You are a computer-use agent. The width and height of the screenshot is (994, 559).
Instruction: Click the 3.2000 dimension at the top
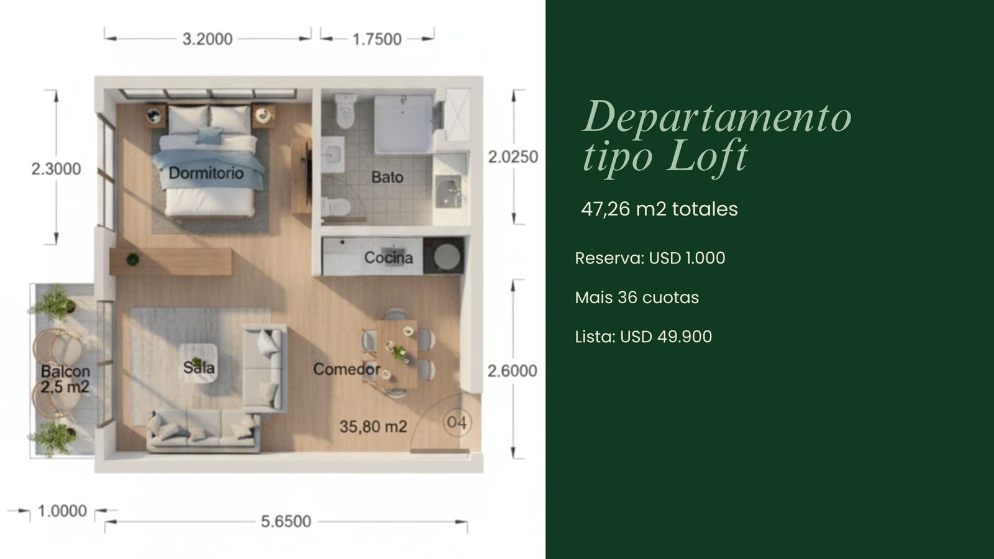click(x=207, y=39)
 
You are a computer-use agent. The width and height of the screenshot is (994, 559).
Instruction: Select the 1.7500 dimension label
click(x=376, y=39)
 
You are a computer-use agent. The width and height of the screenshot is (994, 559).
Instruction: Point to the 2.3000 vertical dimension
click(x=57, y=168)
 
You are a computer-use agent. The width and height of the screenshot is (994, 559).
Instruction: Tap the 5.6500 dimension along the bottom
click(x=286, y=521)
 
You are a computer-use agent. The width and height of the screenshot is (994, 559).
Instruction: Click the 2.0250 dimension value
click(x=513, y=157)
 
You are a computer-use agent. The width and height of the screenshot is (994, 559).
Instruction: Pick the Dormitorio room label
click(x=206, y=173)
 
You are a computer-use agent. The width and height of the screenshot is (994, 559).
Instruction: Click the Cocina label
click(x=388, y=258)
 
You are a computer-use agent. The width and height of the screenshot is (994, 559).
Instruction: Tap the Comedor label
click(x=347, y=369)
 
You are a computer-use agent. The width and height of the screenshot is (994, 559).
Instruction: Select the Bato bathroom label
click(x=388, y=178)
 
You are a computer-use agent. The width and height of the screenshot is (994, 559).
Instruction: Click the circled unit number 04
click(x=457, y=422)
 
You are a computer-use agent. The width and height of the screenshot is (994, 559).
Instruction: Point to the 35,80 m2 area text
click(x=373, y=427)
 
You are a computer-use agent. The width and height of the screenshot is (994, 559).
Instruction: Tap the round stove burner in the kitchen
click(x=447, y=257)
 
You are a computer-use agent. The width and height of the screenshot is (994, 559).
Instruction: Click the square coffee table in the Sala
click(x=198, y=363)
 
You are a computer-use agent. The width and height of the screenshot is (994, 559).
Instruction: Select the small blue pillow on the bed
click(x=209, y=136)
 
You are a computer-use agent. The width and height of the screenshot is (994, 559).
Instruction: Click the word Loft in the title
click(x=708, y=155)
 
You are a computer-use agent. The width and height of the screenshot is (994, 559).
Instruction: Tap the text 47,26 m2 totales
click(x=659, y=209)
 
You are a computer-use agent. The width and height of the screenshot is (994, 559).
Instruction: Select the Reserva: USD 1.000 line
click(x=650, y=258)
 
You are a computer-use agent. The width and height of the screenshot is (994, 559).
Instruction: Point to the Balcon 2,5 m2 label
click(x=65, y=379)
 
